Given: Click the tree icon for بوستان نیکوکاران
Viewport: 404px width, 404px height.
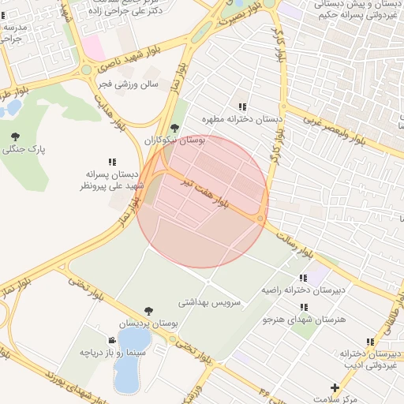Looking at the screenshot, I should point(174,128).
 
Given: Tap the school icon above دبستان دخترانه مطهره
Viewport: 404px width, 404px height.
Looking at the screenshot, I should point(242,107).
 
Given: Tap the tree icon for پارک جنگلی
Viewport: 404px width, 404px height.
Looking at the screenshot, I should point(15,137).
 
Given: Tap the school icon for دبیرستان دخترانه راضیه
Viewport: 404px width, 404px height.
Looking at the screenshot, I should point(303,278).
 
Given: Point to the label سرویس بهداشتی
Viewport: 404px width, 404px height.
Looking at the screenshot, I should point(212,301).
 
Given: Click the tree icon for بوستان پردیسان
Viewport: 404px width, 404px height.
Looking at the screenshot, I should point(148,312).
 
